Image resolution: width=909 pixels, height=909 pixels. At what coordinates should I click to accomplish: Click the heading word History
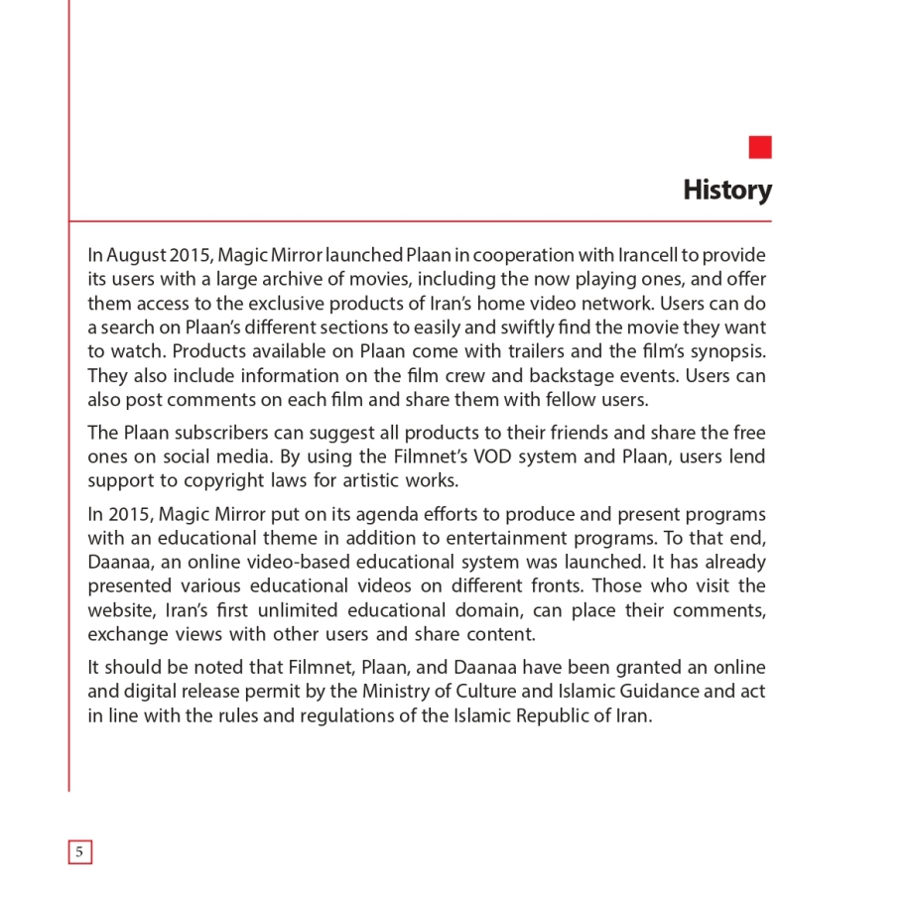pyautogui.click(x=726, y=190)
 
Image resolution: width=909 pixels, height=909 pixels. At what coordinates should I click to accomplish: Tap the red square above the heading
pyautogui.click(x=760, y=147)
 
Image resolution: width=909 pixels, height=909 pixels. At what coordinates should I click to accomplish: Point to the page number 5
pyautogui.click(x=79, y=851)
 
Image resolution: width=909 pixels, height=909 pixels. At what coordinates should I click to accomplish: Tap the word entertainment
pyautogui.click(x=537, y=538)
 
